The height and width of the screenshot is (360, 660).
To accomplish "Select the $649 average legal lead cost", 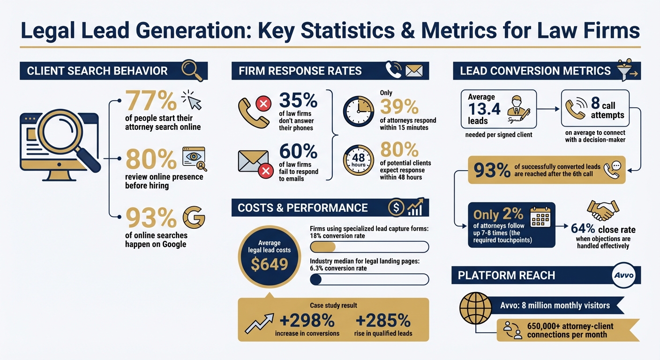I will point(269,264).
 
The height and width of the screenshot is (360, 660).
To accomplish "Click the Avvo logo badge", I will point(623,275).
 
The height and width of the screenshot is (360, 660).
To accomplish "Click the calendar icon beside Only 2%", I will point(540,217).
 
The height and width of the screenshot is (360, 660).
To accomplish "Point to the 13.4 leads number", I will point(484,109).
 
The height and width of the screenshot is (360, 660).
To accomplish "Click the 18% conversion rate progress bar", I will point(369,247).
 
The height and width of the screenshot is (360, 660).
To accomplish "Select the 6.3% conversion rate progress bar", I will point(369,279).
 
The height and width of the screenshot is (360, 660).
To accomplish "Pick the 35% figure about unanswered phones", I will point(298,100).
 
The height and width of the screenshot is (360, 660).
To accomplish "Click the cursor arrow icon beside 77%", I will point(192,100).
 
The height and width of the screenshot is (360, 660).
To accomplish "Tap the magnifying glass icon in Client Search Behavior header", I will point(192,70).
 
